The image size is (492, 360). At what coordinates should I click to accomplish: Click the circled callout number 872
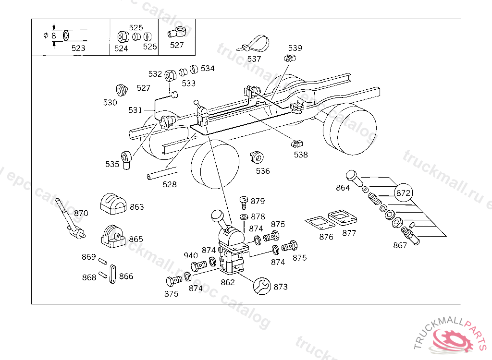point(403,193)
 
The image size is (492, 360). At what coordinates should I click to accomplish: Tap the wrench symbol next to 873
point(262,286)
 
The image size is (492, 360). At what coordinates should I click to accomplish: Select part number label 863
point(137,207)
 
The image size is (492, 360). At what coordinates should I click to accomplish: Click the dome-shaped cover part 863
point(113,204)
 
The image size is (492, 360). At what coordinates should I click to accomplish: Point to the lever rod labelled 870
point(70,218)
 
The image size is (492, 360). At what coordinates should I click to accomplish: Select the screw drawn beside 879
point(244,202)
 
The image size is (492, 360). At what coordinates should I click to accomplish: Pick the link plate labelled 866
point(112,274)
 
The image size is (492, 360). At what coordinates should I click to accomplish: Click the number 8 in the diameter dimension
point(53,36)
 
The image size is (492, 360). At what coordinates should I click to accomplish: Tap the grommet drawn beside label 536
point(257,157)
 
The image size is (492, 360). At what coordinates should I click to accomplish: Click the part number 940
point(190,255)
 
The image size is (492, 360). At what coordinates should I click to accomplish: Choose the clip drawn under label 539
point(290,59)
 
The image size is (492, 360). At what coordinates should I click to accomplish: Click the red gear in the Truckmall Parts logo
point(453,340)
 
